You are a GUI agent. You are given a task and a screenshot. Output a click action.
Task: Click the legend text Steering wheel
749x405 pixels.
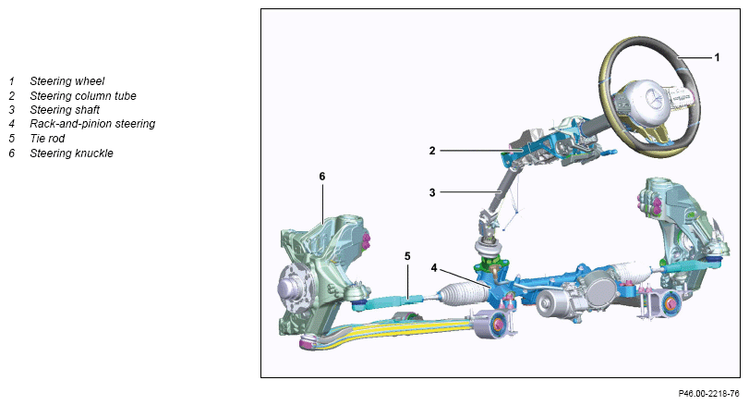[66, 81]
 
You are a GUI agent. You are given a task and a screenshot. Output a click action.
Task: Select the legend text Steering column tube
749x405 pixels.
[83, 95]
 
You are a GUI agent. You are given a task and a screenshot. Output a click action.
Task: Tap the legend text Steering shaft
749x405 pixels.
[65, 110]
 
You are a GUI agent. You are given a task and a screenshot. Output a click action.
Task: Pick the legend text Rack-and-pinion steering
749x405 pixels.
[92, 124]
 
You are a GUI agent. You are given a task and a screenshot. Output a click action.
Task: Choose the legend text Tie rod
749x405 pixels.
[47, 139]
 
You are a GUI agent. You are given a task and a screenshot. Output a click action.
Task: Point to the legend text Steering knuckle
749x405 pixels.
[72, 153]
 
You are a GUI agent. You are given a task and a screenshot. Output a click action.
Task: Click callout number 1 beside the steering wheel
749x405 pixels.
[717, 57]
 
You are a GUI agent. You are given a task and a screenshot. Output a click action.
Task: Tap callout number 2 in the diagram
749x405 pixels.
[432, 151]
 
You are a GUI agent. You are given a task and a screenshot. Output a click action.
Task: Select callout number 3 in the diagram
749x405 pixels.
[432, 192]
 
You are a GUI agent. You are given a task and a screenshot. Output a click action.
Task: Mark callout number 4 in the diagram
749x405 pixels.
[434, 268]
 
